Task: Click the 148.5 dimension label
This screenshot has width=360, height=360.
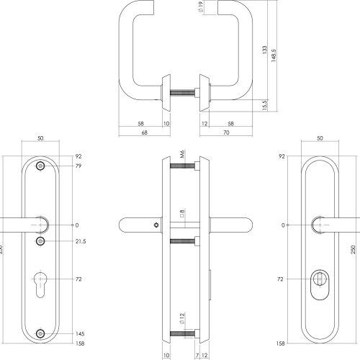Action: click(x=274, y=55)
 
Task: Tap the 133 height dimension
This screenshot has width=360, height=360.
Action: click(x=264, y=50)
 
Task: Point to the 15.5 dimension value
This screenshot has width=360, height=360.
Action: click(x=264, y=105)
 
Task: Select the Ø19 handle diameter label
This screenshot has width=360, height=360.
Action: click(x=201, y=6)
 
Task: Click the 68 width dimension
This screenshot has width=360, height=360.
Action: click(x=145, y=132)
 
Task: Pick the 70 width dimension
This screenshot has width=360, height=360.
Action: click(x=226, y=132)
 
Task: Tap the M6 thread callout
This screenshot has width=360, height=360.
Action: click(x=182, y=154)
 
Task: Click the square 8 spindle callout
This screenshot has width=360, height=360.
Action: click(x=182, y=213)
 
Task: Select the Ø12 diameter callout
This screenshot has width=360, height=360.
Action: click(x=182, y=319)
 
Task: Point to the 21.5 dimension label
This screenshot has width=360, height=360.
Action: click(x=81, y=241)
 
